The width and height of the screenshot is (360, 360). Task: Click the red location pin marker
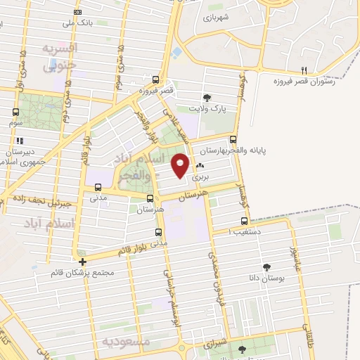pos(181,166)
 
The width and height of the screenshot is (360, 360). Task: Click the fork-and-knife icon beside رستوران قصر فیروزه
pos(304,70)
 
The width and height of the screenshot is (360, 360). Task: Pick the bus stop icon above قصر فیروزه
pos(156,79)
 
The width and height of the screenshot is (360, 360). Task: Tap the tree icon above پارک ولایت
pos(207,98)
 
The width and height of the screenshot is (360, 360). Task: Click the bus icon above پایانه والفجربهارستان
pos(233,140)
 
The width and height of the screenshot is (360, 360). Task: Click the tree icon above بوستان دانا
pos(266,267)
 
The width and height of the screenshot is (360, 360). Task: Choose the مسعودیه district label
pos(126,341)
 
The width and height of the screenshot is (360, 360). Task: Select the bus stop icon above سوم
pos(15,111)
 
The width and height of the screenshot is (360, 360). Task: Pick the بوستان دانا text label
pos(266,279)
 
